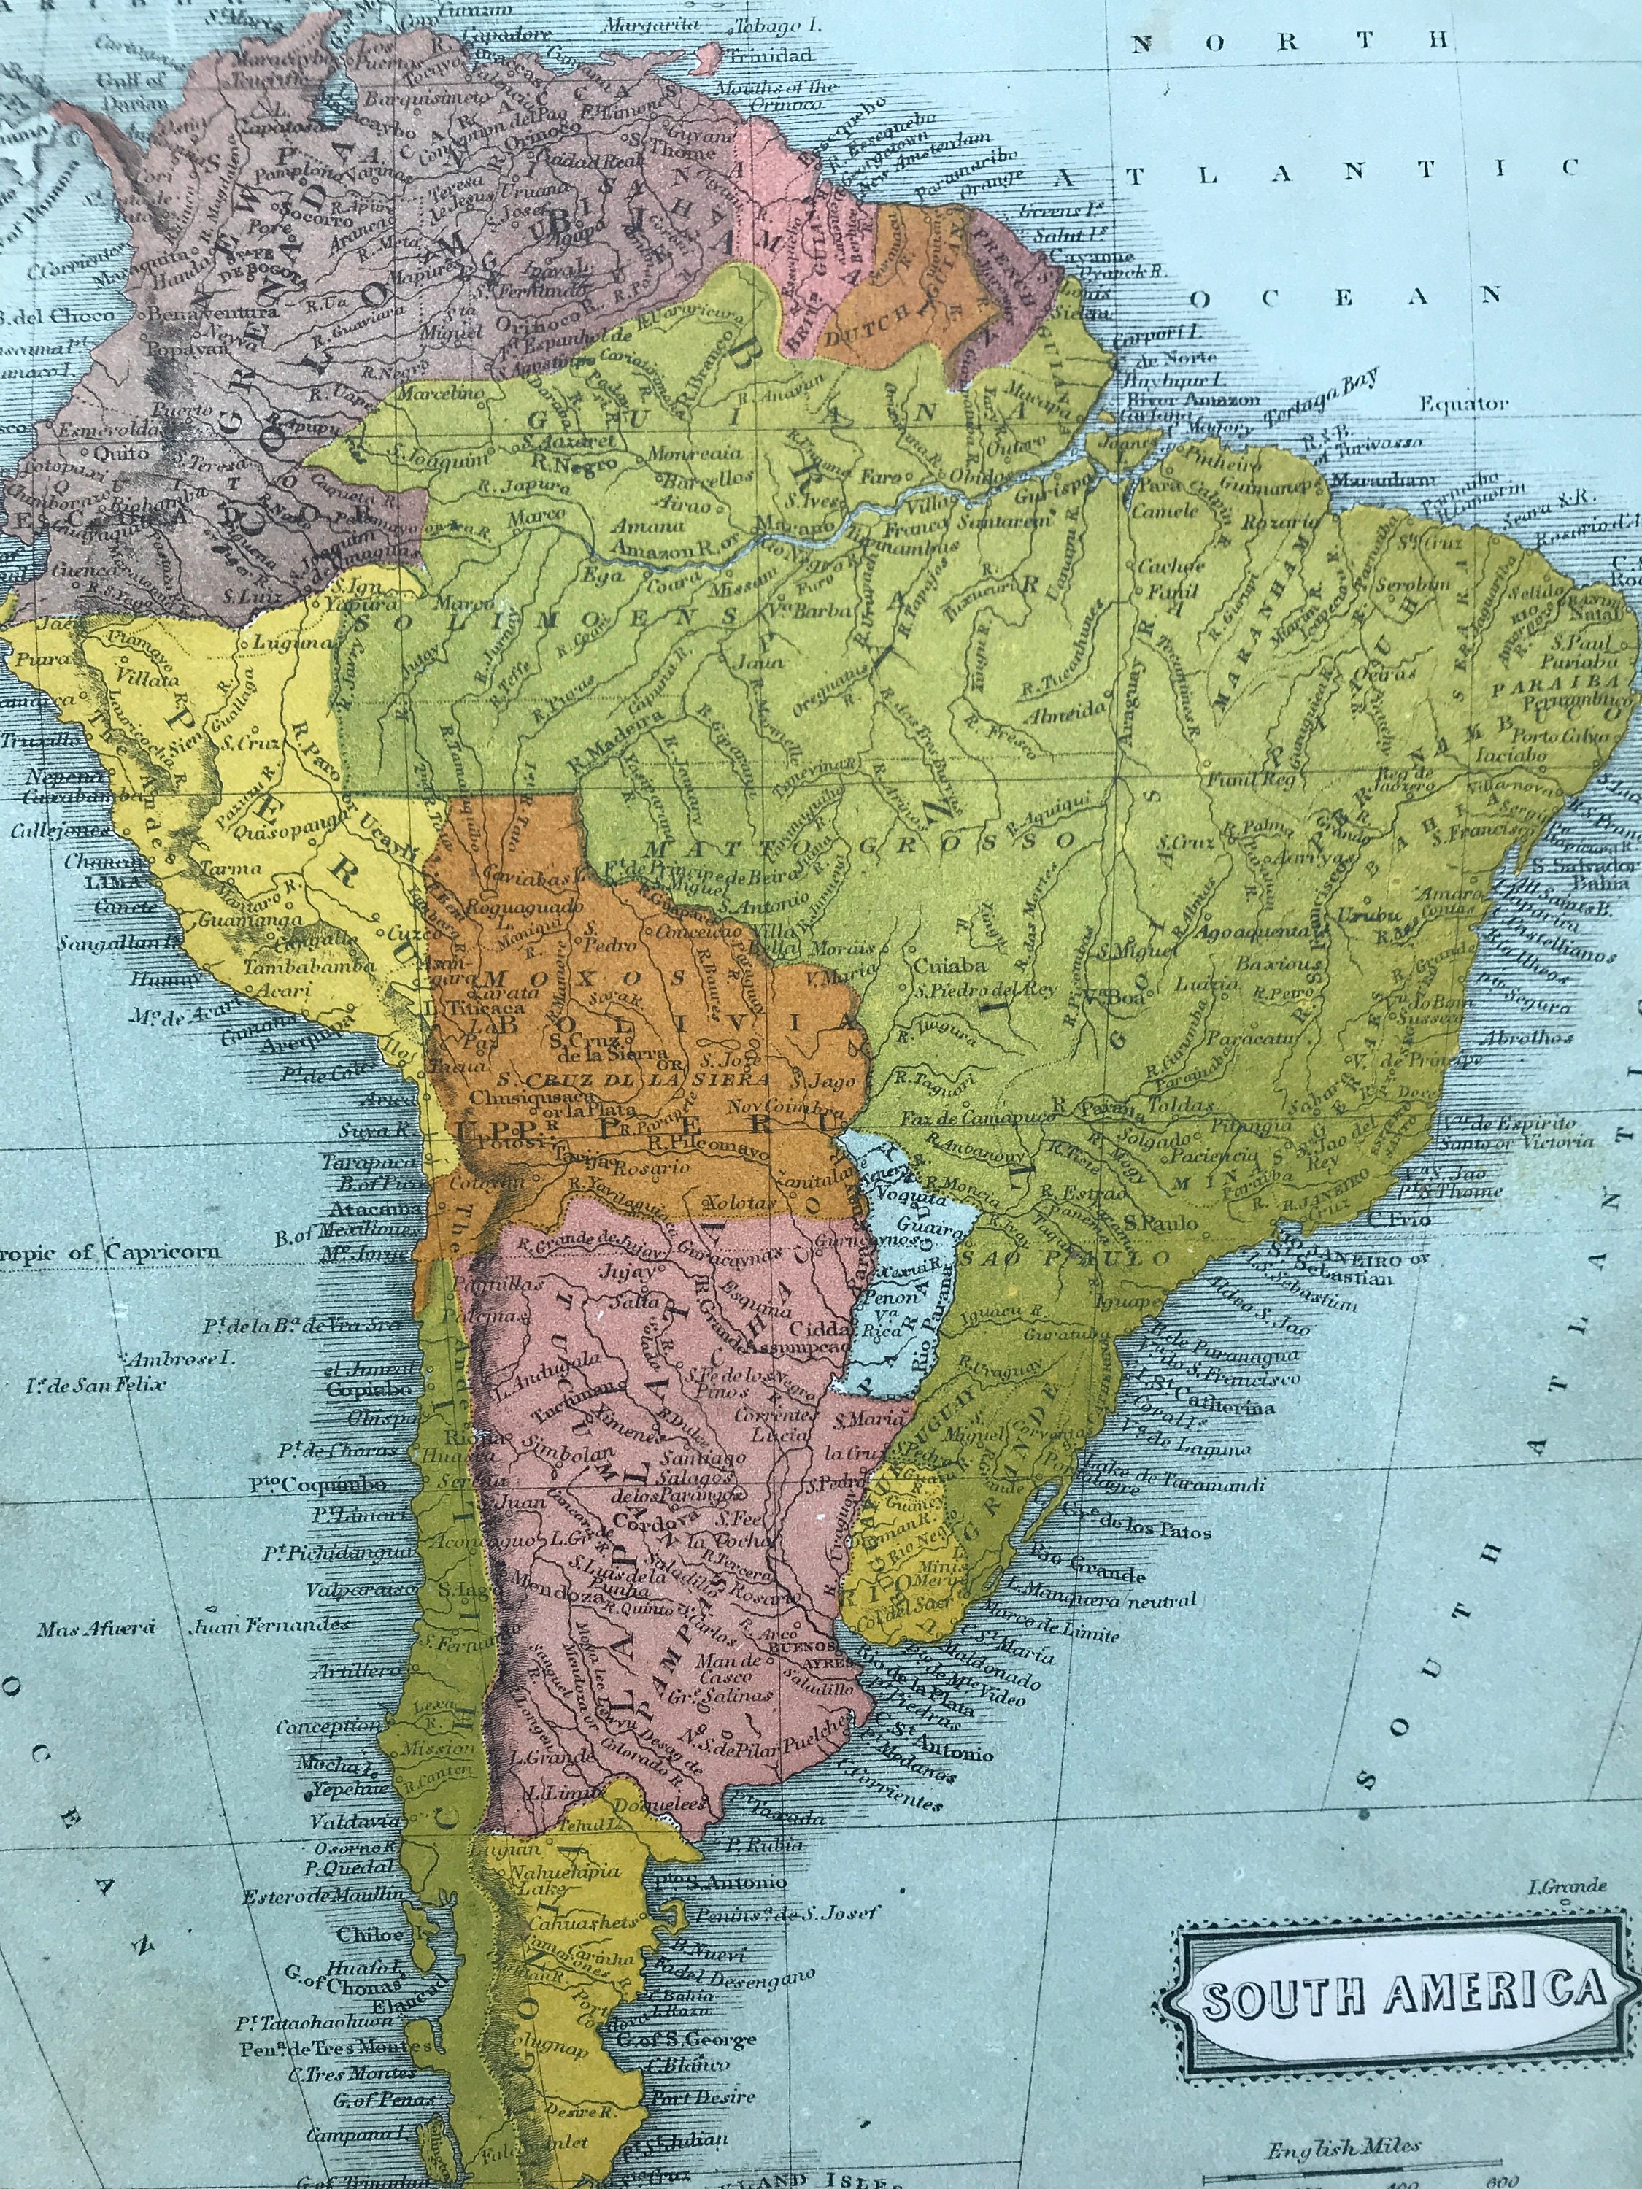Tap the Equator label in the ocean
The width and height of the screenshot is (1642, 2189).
[x=1464, y=403]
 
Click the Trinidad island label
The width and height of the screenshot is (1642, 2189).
[x=773, y=55]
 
